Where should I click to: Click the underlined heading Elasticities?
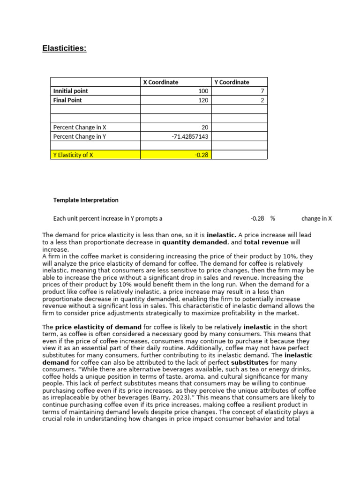click(64, 49)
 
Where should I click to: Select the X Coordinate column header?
click(160, 82)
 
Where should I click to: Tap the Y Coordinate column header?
click(232, 82)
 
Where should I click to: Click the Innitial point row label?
click(70, 91)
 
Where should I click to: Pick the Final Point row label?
click(67, 100)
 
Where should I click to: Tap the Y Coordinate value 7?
click(262, 91)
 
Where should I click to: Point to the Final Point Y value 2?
click(262, 100)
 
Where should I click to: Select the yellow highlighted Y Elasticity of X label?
click(73, 155)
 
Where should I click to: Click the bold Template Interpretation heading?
click(86, 200)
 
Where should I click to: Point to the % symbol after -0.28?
click(272, 218)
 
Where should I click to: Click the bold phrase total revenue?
click(266, 242)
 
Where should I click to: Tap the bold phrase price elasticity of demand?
click(98, 327)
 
